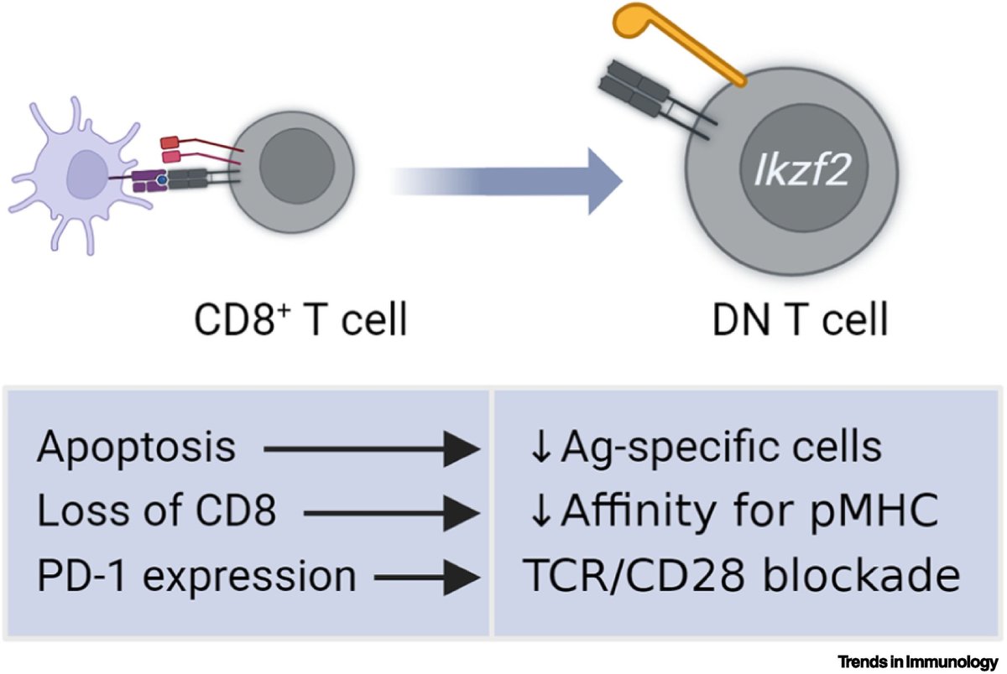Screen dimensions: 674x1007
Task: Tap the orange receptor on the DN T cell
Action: point(671,42)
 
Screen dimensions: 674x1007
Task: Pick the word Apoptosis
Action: point(136,448)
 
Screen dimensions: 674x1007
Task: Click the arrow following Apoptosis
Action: point(369,450)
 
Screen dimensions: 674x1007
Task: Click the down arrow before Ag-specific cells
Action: point(540,449)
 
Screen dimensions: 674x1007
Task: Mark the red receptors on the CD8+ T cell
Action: point(172,149)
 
